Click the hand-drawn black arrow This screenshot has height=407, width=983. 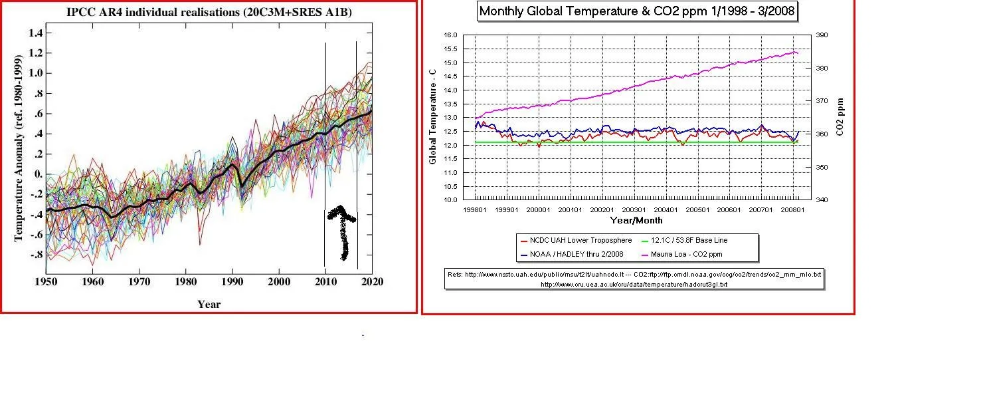click(x=343, y=229)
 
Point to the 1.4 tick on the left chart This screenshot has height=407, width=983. click(x=35, y=33)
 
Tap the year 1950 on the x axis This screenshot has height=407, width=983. click(x=46, y=282)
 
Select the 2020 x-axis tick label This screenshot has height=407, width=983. click(x=372, y=282)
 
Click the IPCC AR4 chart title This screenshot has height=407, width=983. click(x=209, y=12)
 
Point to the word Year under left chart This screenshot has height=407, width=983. click(x=209, y=305)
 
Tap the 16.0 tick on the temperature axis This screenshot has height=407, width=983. click(x=451, y=35)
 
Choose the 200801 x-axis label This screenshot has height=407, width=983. click(x=793, y=210)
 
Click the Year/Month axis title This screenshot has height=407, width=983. click(x=636, y=220)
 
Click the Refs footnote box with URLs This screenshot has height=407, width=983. click(x=634, y=279)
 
